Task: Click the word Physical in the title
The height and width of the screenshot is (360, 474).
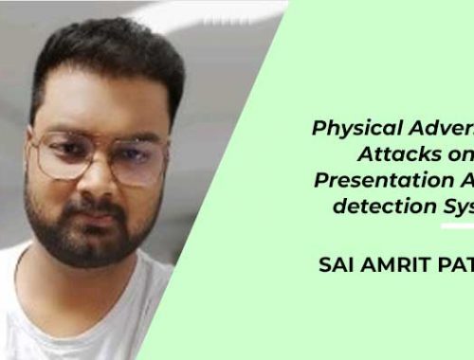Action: click(x=347, y=129)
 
